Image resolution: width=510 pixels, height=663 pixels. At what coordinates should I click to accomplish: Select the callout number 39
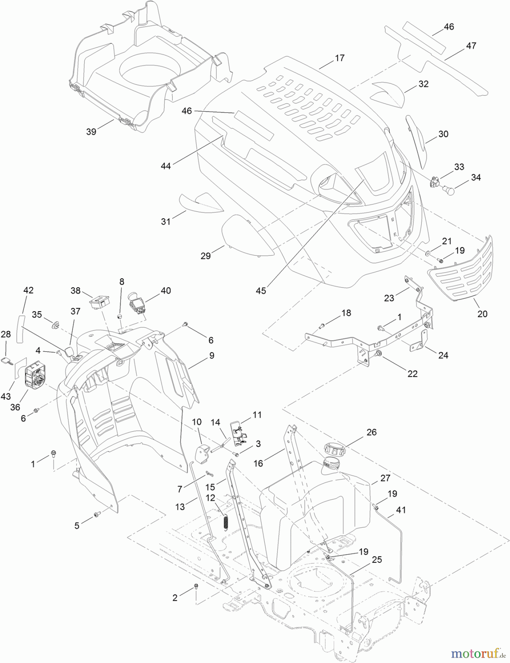pos(91,131)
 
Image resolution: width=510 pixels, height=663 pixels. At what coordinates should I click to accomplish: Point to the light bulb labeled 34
pos(449,190)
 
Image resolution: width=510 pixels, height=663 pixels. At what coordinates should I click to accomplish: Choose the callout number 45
pos(261,291)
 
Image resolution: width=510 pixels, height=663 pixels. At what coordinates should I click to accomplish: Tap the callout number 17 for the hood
pos(340,58)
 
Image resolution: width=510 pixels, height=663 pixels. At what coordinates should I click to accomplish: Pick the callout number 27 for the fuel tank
pos(385,478)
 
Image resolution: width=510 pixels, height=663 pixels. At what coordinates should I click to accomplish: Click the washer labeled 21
pos(428,253)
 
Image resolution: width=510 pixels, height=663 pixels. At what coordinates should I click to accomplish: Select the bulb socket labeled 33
pos(435,182)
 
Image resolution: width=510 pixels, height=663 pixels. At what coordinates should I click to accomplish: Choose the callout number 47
pos(471,46)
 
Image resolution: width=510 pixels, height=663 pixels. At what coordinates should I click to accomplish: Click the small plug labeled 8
pos(120,316)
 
